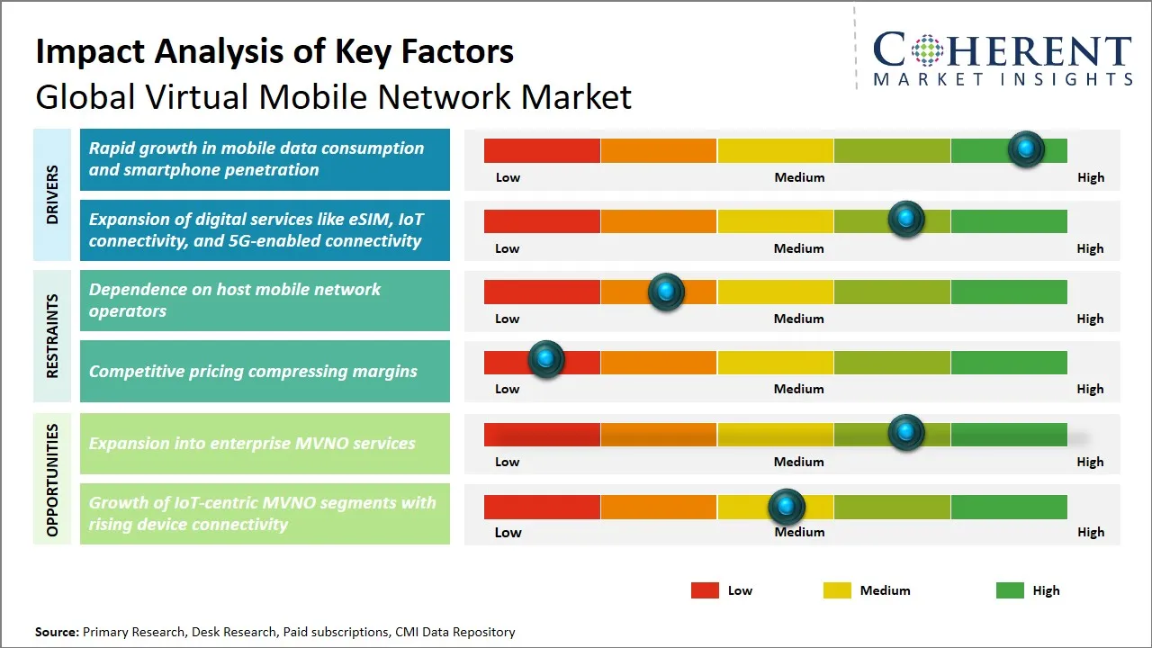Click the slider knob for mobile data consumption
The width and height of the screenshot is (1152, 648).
(x=1025, y=148)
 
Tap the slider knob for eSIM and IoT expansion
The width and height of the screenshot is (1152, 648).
(x=905, y=220)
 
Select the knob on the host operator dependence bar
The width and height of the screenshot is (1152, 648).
(x=666, y=291)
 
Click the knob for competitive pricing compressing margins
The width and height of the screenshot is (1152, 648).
(x=545, y=360)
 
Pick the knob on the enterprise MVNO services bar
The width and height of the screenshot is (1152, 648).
(x=905, y=433)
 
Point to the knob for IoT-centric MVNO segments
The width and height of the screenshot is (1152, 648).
(x=787, y=507)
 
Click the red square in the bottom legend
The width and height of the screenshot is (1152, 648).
(x=705, y=590)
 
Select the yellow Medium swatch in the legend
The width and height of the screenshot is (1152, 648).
(x=837, y=590)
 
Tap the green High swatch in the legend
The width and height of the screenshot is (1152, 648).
(x=1010, y=590)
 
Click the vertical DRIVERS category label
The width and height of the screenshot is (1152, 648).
(x=53, y=194)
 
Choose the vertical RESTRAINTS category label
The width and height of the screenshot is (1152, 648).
(x=53, y=336)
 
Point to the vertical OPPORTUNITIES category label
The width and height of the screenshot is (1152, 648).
(x=53, y=480)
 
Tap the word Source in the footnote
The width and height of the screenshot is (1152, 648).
(x=57, y=632)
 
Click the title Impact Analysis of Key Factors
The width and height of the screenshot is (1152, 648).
(x=274, y=51)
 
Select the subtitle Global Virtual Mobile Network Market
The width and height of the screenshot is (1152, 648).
(x=333, y=96)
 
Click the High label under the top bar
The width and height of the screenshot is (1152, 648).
(x=1090, y=177)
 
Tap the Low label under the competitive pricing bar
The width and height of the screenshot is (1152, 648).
(x=508, y=389)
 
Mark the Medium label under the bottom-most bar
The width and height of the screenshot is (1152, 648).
(x=799, y=532)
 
